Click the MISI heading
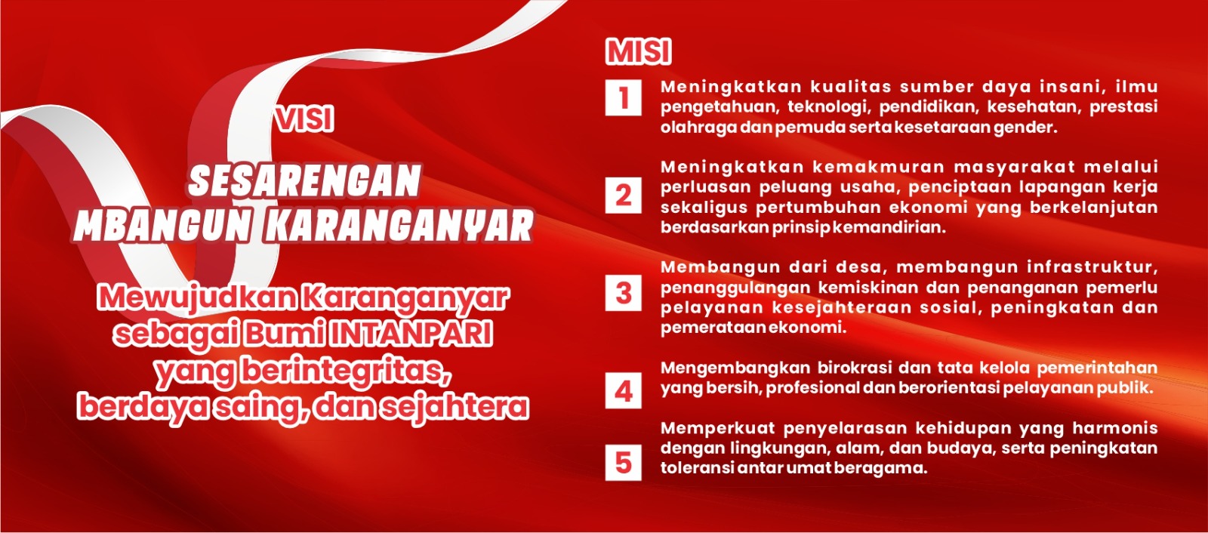coord(639,52)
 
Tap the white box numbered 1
coord(624,97)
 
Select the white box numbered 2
coord(624,196)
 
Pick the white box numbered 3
coord(624,293)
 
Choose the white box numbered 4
coord(624,390)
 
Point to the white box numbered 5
coord(624,463)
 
